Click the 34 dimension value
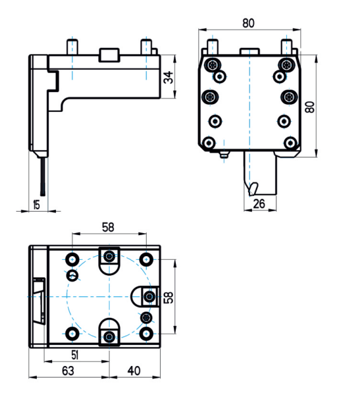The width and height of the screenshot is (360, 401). pos(168,78)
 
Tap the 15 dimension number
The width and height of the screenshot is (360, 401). pos(37,205)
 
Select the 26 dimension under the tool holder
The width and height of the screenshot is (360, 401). pos(259,204)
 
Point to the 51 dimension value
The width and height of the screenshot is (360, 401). pos(75,355)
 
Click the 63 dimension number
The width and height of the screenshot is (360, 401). pos(68,370)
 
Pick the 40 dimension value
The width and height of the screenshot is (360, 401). pos(134,370)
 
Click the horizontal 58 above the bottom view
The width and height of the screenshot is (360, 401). pos(108,227)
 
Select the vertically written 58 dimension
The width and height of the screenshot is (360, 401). pos(169,297)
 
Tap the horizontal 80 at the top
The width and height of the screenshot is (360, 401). pos(248,23)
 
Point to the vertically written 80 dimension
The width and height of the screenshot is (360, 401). pos(310,107)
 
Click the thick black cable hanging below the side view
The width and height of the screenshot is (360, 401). pos(43,177)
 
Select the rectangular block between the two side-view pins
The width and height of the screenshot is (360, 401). pos(109,55)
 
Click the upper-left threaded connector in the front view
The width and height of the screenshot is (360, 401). pos(212,65)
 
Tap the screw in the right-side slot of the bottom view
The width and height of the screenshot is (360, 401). pos(149,297)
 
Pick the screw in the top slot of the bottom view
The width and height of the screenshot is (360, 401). pos(110,255)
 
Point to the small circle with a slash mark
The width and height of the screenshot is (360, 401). pos(72,275)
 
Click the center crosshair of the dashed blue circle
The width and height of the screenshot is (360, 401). pos(109,297)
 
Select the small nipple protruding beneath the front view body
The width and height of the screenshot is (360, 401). pos(224,154)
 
